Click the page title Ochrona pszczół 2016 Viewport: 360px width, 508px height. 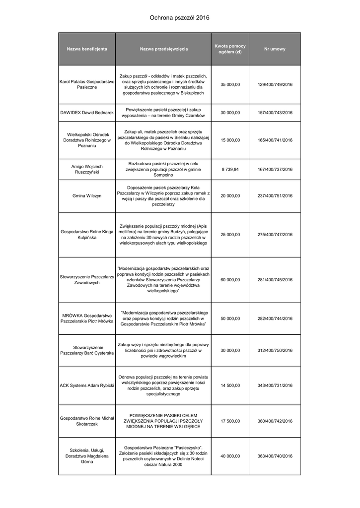point(180,18)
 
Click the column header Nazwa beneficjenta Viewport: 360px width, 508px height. point(87,49)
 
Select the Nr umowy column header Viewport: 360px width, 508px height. point(275,49)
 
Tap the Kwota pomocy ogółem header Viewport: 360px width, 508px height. point(230,49)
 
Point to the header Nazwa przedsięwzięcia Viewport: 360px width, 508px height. point(164,49)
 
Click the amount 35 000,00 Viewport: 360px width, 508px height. point(230,84)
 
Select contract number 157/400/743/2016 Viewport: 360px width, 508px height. point(275,113)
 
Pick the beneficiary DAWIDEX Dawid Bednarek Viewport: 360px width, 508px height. point(87,113)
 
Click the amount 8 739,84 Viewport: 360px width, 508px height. point(230,169)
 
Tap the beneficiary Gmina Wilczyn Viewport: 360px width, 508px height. point(87,196)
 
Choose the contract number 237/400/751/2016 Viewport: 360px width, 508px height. point(275,196)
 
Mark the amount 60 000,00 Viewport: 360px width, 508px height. point(230,280)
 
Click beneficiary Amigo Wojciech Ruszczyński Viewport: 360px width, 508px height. point(87,169)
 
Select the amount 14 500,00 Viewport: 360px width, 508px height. point(230,385)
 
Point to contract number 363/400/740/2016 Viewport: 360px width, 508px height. point(275,456)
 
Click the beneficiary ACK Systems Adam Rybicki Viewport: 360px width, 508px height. point(87,385)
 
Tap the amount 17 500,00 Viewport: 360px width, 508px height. point(230,421)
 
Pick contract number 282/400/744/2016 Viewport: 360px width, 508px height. point(275,318)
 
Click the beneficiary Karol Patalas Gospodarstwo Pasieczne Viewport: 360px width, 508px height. point(87,84)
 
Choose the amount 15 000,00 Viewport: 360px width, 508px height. point(230,140)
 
